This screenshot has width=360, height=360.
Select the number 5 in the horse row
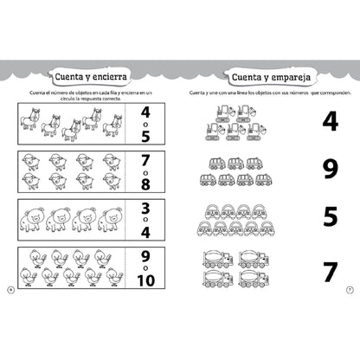[x=145, y=137]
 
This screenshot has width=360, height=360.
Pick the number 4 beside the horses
[x=145, y=112]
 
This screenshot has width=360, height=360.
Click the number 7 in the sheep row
[x=145, y=161]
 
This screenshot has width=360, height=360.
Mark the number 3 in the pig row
[x=145, y=209]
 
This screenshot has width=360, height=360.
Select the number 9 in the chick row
[x=145, y=257]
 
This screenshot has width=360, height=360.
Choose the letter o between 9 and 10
[x=145, y=270]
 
